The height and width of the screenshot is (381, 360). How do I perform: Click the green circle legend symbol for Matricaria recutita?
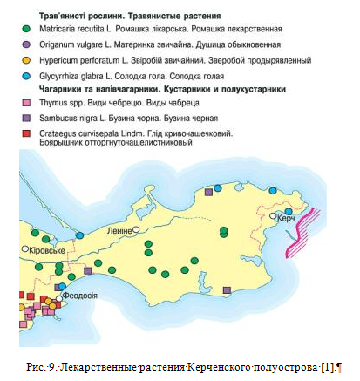[x=27, y=30]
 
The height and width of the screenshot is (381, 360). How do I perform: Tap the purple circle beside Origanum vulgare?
[x=27, y=44]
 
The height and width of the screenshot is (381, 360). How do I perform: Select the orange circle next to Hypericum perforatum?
[x=27, y=60]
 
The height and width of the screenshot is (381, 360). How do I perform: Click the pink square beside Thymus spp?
[x=27, y=102]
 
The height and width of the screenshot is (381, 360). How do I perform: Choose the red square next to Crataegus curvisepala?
[x=27, y=133]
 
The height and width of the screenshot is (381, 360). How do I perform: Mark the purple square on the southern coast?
[x=228, y=289]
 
